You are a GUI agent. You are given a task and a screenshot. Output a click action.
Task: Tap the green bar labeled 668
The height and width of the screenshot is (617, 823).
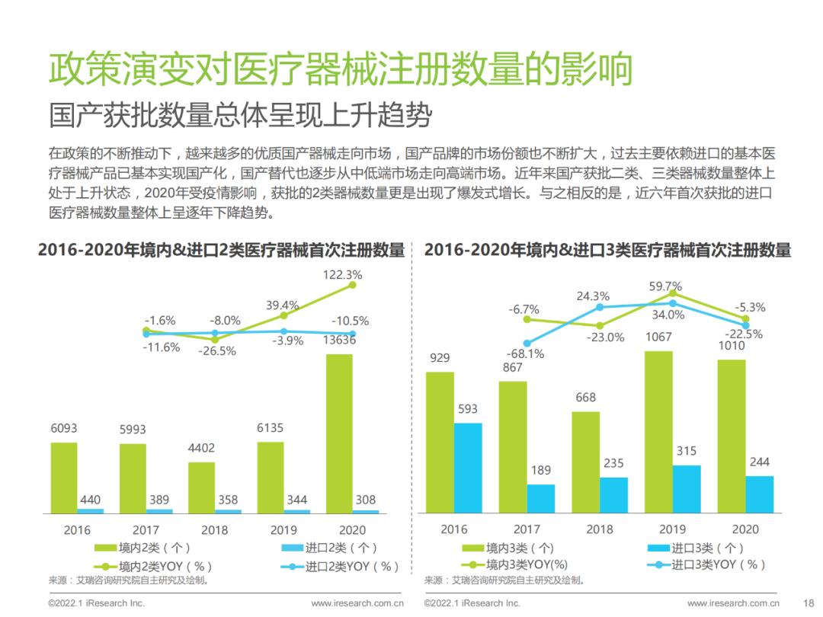pyautogui.click(x=585, y=461)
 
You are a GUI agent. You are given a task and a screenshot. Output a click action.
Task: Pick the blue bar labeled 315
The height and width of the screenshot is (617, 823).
pyautogui.click(x=686, y=488)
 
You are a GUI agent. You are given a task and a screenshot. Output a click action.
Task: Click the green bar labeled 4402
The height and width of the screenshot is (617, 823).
pyautogui.click(x=201, y=487)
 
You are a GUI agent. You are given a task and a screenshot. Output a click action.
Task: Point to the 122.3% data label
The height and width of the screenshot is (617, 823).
pyautogui.click(x=343, y=273)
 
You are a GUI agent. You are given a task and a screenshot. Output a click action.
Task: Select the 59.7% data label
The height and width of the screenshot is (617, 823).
pyautogui.click(x=664, y=287)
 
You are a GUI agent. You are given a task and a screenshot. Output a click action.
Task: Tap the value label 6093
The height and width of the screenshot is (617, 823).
pyautogui.click(x=64, y=429)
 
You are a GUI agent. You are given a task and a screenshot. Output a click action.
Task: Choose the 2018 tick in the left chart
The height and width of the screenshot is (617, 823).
pyautogui.click(x=214, y=530)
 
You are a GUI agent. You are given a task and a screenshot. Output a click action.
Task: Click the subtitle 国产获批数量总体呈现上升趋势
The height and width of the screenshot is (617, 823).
pyautogui.click(x=240, y=116)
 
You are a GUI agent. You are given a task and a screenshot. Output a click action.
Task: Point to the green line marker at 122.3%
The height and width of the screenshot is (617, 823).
pyautogui.click(x=352, y=285)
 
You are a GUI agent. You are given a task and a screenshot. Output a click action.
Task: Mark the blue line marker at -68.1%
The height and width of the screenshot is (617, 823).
pyautogui.click(x=526, y=344)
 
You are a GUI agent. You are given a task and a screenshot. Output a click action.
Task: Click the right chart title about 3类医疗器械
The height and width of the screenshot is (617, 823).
pyautogui.click(x=607, y=249)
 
